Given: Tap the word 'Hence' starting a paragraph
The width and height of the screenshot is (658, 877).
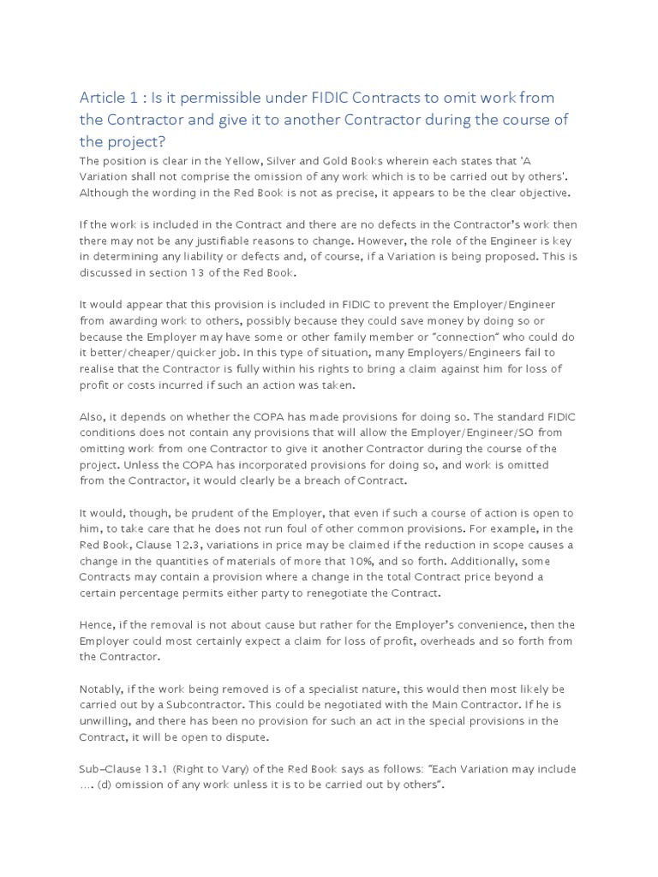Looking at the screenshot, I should (x=96, y=624).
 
